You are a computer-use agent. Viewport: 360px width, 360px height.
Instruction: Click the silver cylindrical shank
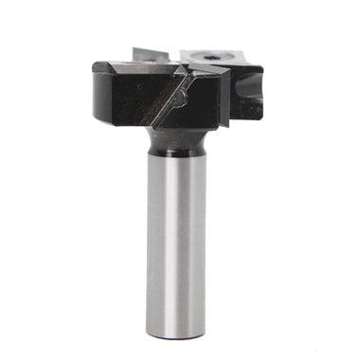(x=177, y=246)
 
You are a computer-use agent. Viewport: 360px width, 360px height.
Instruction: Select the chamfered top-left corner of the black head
(x=102, y=68)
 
